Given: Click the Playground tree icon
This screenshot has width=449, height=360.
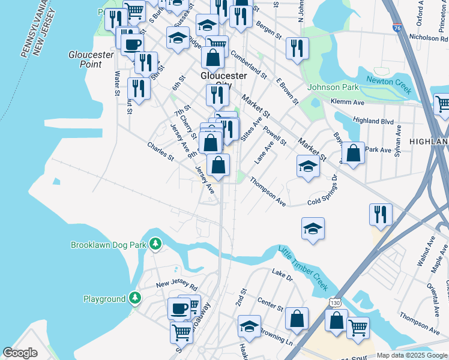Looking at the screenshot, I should click(136, 298).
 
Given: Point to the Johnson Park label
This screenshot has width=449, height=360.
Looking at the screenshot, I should click(333, 87).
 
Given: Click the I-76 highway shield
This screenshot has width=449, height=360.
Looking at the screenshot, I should click(397, 28).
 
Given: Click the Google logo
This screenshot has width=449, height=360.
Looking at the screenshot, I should click(20, 353).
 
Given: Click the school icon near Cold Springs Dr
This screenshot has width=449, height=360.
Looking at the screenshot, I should click(312, 228).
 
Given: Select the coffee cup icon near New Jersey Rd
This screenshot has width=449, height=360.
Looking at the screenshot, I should click(179, 308).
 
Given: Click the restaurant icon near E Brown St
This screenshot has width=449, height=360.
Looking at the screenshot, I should click(297, 48).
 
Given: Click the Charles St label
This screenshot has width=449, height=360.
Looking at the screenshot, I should click(160, 152).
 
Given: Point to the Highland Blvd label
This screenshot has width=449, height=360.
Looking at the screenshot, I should click(373, 121).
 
